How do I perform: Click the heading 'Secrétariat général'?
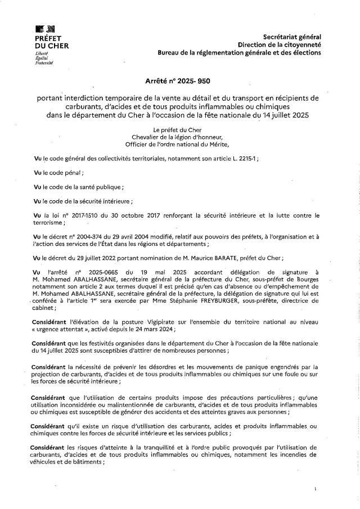(x=292, y=36)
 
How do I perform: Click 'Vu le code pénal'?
(x=59, y=173)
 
